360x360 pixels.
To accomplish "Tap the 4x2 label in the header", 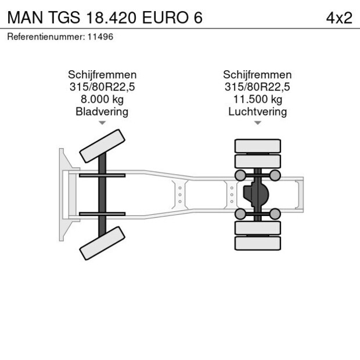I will coord(339,17).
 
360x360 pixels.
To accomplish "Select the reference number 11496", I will coord(101,37).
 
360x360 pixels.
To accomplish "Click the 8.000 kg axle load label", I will coord(102,99).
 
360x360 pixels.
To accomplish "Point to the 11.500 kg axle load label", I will coord(257,99).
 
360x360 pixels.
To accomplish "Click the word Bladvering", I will coord(102,111).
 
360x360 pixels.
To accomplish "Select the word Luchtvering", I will coord(257,111).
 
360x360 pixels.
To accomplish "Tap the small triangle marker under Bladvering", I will coord(102,123).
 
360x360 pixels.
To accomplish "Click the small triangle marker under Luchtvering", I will coord(257,123).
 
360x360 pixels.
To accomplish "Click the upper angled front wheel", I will coord(103,146).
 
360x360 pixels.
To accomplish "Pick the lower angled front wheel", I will coord(103,243).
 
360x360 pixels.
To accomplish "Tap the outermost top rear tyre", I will coord(257,145).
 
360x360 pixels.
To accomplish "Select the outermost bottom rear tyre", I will coord(257,243).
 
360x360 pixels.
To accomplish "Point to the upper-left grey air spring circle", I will coord(239,175).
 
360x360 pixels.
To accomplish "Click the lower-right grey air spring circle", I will coord(275,214).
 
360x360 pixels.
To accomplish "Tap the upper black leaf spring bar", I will coord(102,175).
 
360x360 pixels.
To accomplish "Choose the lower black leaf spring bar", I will coord(102,214).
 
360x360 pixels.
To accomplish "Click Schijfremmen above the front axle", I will coord(102,75).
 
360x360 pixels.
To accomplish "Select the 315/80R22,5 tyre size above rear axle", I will coord(257,87).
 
